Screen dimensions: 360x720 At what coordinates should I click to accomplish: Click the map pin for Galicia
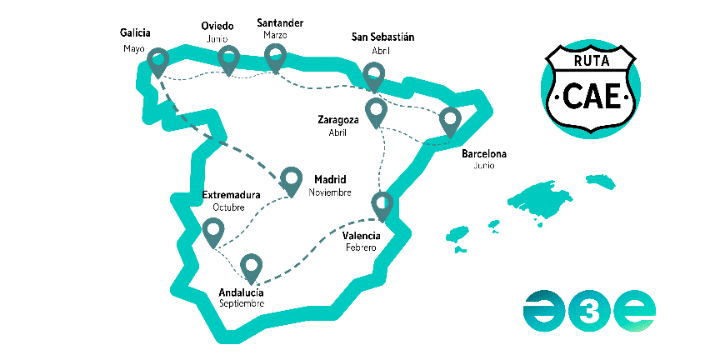point(158,63)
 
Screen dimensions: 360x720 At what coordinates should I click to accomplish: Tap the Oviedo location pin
point(229,59)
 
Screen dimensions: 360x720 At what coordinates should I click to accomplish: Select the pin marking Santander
point(275,56)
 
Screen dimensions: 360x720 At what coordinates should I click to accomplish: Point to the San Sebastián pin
point(374,75)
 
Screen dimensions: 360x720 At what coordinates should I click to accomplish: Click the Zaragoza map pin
point(376,111)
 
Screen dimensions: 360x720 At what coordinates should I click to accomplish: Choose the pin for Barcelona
point(451,121)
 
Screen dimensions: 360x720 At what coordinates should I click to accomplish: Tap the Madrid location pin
point(291,179)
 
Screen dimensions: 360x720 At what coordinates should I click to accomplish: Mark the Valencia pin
point(381,205)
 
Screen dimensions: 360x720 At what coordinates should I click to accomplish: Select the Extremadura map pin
point(212,232)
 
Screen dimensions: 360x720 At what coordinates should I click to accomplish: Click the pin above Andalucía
point(251,267)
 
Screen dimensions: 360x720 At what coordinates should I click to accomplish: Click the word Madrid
point(330,180)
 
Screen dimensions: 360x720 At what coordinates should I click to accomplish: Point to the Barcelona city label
point(484,154)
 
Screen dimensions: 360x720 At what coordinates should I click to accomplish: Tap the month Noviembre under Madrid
point(330,192)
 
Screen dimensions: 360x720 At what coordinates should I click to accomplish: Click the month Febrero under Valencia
point(359,247)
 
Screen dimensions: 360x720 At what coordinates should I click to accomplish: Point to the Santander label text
point(280,22)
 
